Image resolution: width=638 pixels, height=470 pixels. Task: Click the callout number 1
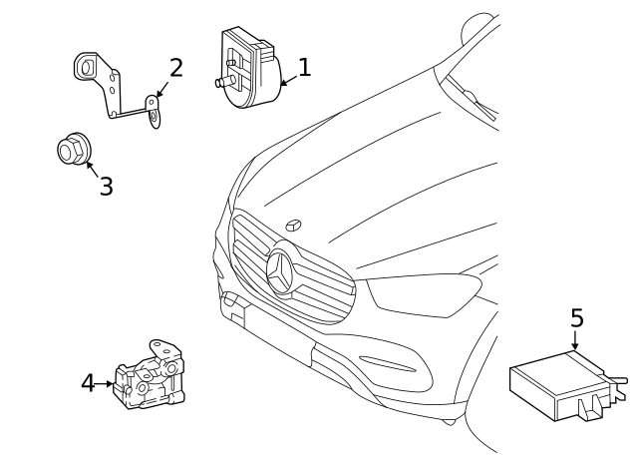point(304,67)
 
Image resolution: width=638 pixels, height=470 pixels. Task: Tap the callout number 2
point(175,68)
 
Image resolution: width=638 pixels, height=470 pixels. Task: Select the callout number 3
point(106,186)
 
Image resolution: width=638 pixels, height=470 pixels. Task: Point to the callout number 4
point(88,382)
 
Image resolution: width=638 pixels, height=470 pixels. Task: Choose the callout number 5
point(576,318)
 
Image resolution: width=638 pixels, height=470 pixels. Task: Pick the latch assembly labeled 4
point(152,377)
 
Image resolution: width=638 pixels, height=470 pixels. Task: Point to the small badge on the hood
point(296,225)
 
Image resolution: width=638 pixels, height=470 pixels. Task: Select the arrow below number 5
point(576,340)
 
